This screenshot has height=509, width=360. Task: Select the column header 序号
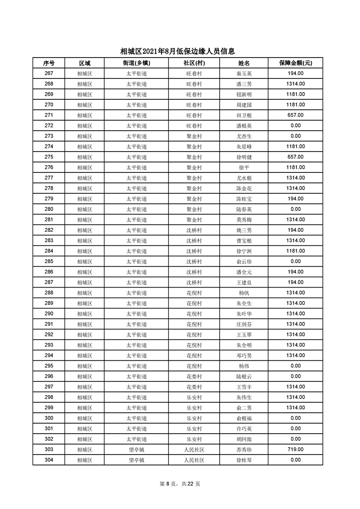pos(49,63)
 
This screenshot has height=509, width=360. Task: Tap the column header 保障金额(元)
pos(295,63)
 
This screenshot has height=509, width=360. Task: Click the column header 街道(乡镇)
pos(136,63)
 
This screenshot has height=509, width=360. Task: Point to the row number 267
pos(49,73)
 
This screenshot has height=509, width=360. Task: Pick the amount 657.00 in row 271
pos(295,115)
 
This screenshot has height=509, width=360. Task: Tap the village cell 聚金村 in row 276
pos(194,167)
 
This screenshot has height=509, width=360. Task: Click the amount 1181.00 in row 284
pos(295,251)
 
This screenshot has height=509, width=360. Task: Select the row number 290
pos(49,313)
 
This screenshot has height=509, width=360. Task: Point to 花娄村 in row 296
pos(194,376)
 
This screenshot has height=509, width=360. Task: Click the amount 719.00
pos(295,449)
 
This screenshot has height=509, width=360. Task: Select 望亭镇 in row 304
pos(136,460)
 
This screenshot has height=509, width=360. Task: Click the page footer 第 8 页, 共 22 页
pos(180,484)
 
